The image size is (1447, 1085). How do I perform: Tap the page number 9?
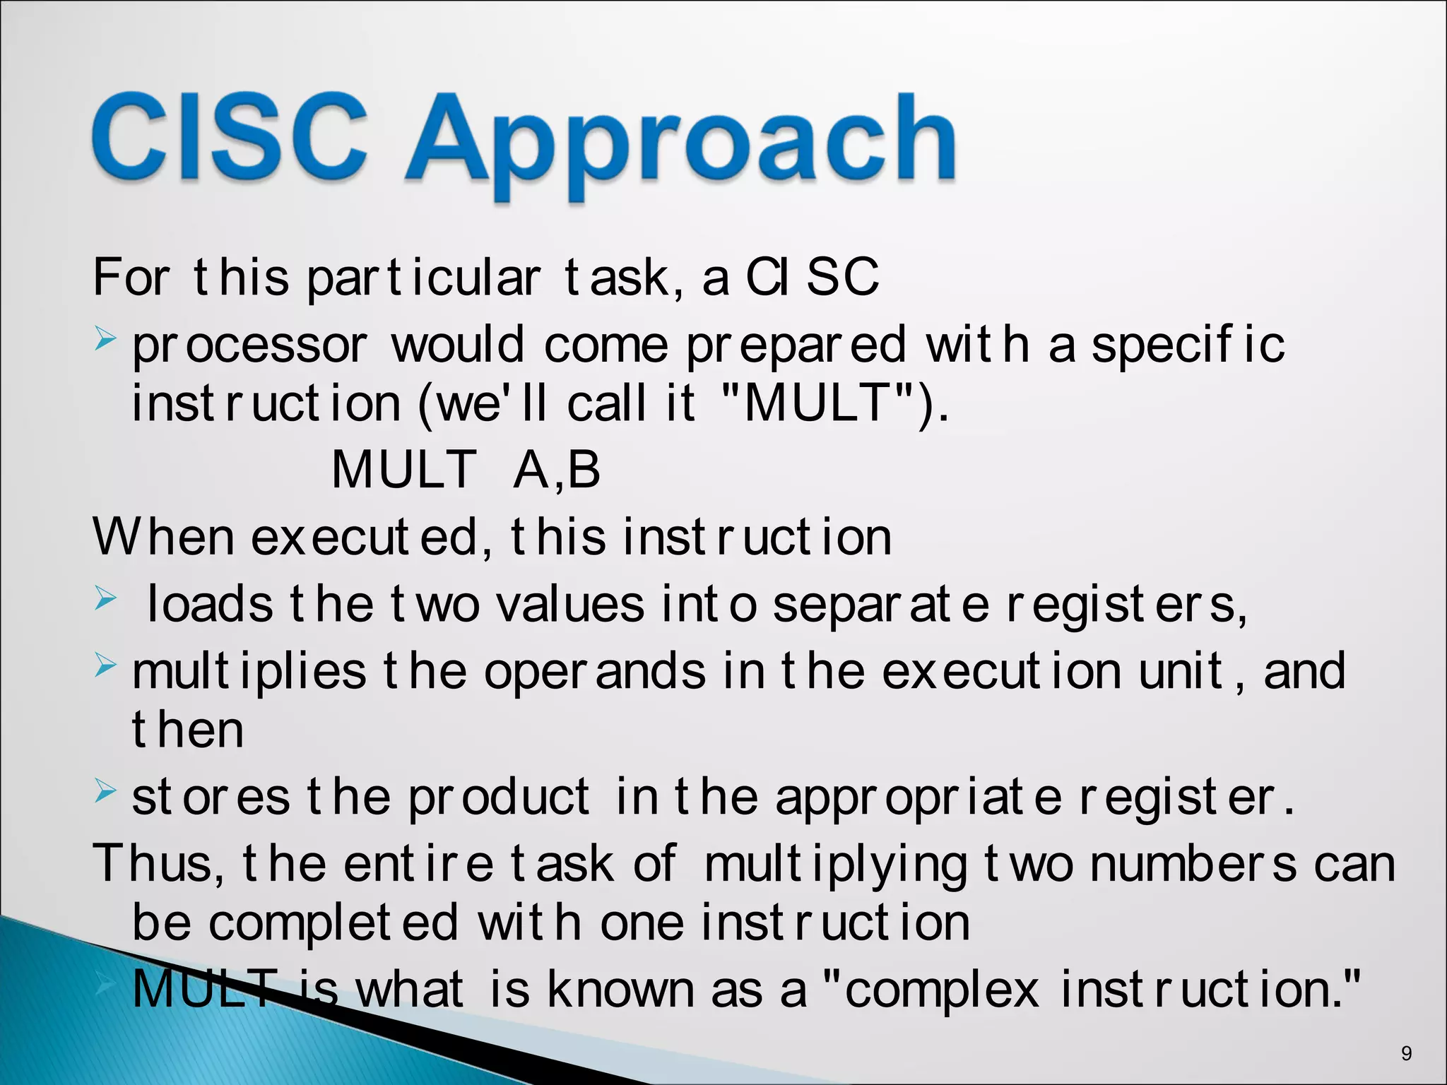1406,1054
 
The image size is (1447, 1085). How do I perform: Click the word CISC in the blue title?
230,138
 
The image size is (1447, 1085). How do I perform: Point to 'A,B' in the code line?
557,470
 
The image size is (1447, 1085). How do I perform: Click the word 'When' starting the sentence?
163,538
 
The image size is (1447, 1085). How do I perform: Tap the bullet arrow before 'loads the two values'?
105,600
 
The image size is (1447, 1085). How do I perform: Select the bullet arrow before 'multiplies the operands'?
105,665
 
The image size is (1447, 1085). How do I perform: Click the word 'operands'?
594,672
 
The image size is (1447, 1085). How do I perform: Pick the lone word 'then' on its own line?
188,730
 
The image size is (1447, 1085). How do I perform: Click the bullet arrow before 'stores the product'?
105,792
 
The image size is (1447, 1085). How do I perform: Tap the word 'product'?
499,798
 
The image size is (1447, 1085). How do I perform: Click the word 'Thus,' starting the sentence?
158,863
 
